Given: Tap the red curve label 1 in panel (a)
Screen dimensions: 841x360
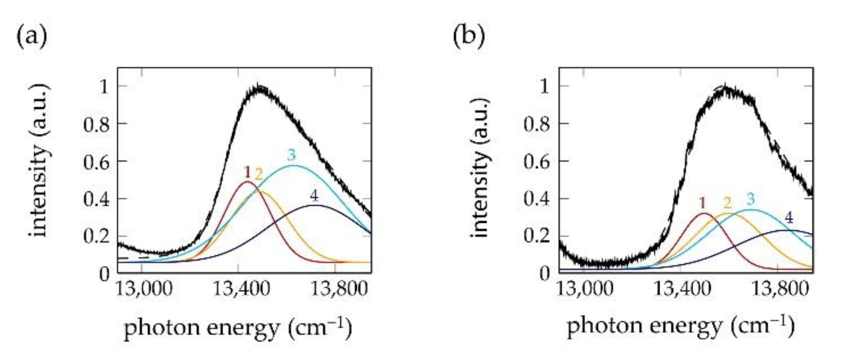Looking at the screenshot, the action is [x=247, y=172].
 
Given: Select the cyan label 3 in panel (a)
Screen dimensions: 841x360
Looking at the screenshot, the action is [x=291, y=155].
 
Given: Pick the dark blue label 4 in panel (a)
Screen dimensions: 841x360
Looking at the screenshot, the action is [x=314, y=195].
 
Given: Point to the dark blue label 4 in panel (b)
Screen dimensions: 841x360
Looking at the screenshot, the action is [x=788, y=217].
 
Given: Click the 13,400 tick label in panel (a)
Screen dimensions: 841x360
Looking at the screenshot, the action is [x=241, y=289].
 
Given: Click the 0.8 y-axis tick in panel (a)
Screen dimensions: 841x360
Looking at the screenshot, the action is [x=96, y=124].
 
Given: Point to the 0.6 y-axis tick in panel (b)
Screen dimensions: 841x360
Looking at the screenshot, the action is [x=537, y=161].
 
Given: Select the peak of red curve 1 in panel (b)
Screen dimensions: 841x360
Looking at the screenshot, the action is [x=704, y=213].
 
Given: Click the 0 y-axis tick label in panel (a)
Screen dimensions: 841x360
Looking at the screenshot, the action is [x=104, y=274].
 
